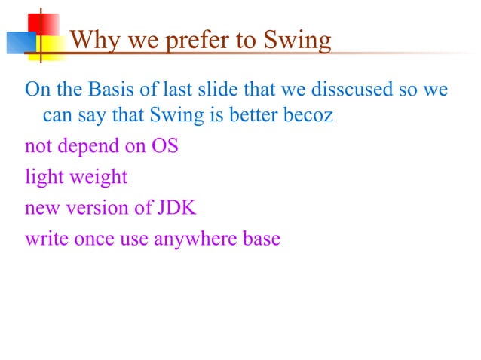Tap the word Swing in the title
[296, 40]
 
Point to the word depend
[92, 146]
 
